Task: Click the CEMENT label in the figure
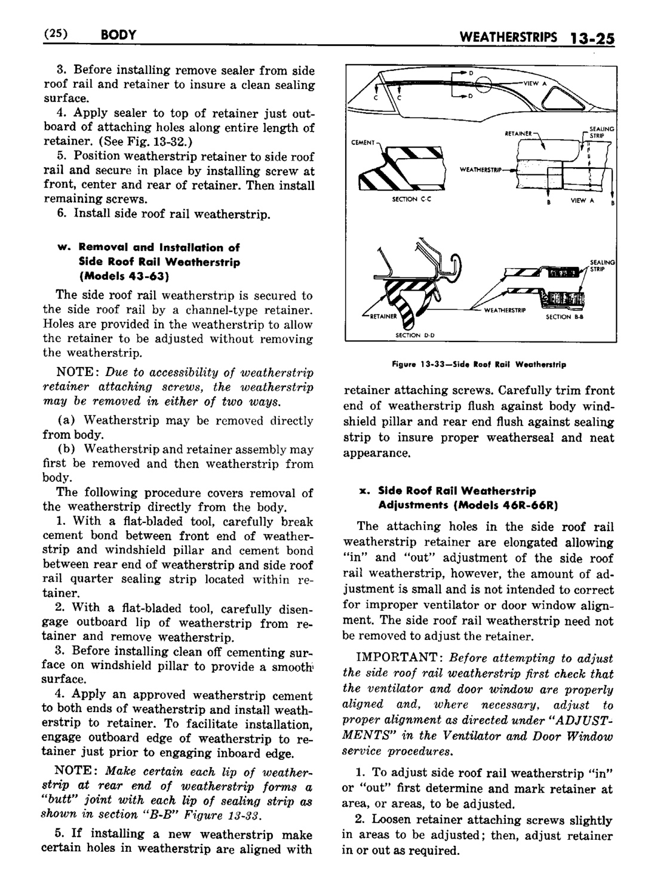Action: tap(362, 143)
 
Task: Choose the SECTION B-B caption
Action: tap(560, 318)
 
